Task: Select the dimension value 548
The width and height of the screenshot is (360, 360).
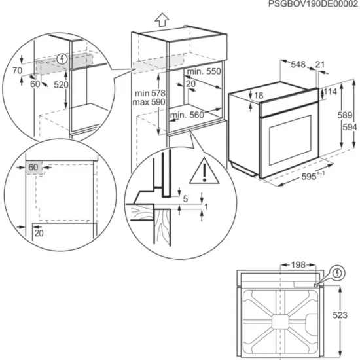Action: click(298, 64)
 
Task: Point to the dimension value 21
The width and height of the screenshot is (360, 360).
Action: click(319, 64)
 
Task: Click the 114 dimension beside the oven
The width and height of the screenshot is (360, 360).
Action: click(330, 92)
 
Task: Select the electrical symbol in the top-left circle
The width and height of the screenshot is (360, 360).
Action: click(63, 58)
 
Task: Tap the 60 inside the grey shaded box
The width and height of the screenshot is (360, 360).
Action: click(33, 168)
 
